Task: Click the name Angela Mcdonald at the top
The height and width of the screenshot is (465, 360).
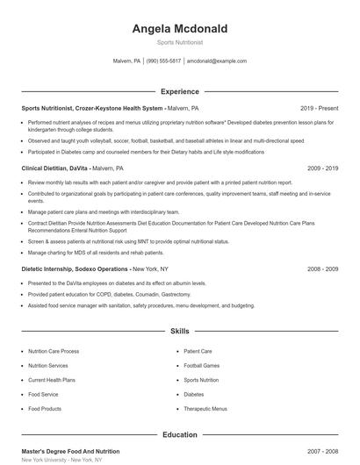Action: (179, 29)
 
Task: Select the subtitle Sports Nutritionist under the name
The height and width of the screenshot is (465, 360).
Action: (179, 42)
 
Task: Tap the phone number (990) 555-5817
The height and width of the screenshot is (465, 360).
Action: (163, 61)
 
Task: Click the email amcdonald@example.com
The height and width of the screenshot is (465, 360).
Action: (217, 61)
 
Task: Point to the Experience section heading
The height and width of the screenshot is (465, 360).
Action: (179, 90)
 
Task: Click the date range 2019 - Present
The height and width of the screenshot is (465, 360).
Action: (319, 108)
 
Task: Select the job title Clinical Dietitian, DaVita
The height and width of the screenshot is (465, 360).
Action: (54, 167)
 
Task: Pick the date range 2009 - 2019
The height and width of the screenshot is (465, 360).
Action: (322, 167)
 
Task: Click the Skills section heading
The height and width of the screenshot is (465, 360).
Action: (179, 331)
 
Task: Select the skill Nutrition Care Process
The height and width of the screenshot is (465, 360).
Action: (54, 351)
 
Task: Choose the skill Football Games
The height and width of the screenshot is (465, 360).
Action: (202, 365)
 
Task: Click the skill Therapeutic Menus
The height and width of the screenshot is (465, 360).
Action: (205, 409)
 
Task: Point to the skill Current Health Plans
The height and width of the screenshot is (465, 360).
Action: (52, 380)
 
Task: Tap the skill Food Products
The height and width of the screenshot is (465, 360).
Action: (45, 409)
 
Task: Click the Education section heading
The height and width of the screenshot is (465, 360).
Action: (179, 434)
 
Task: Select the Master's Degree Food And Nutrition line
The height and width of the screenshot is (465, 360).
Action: (70, 451)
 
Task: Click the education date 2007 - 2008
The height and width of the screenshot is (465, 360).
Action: (322, 451)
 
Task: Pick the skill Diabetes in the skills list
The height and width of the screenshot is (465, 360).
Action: (194, 395)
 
